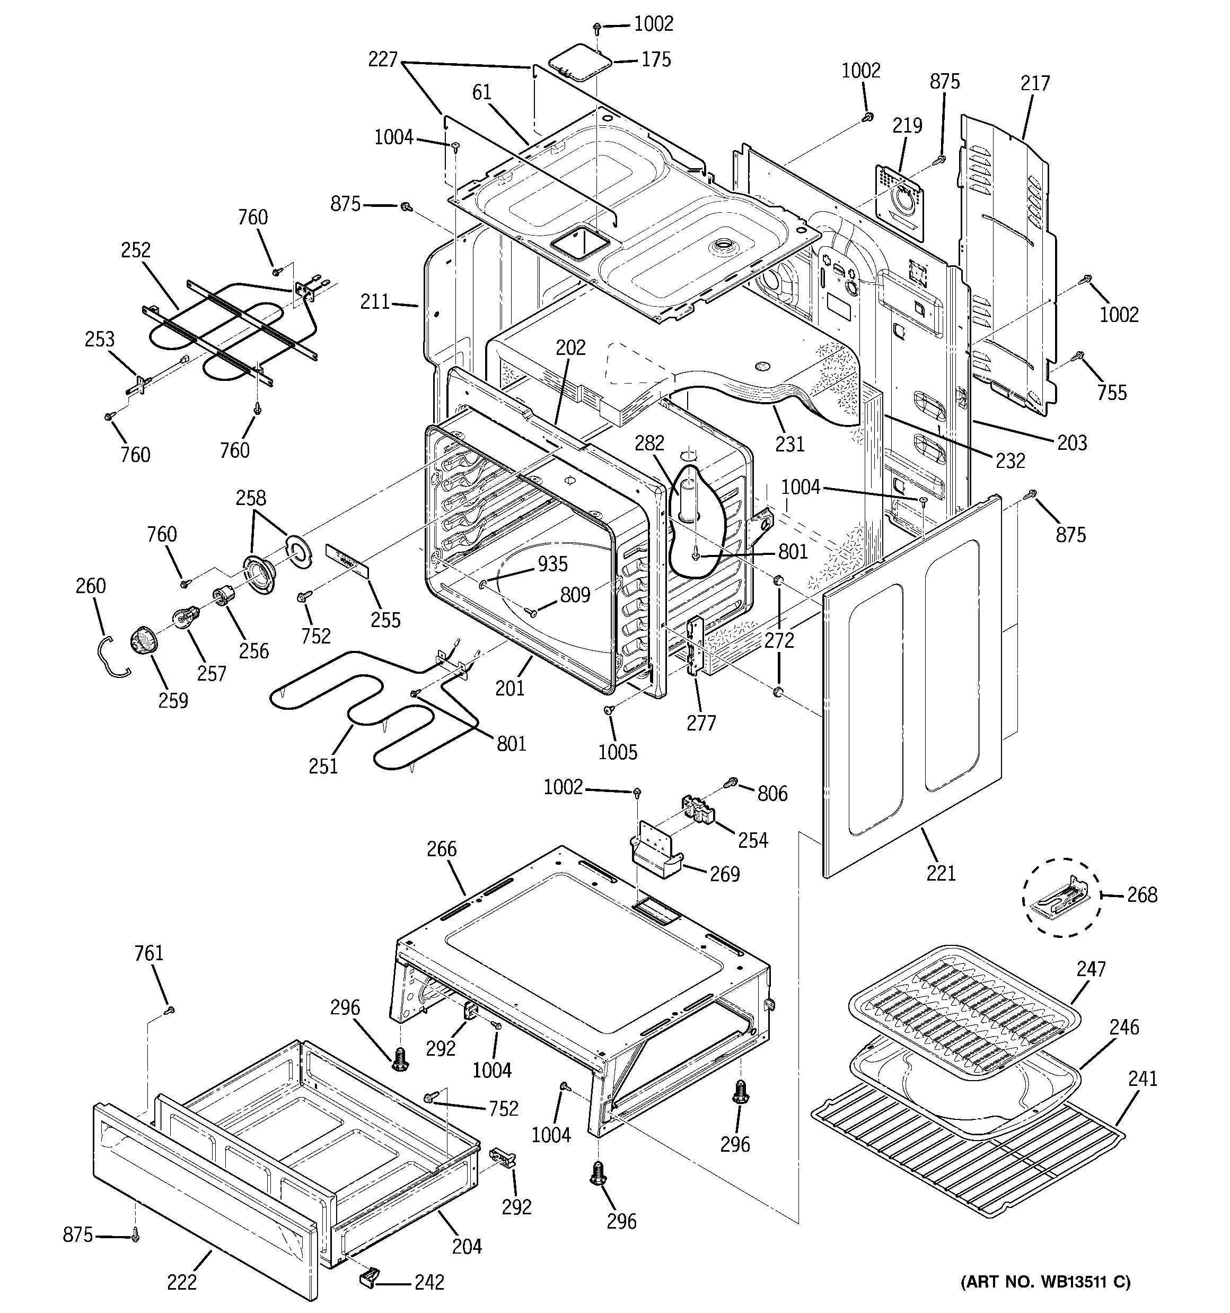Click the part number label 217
click(1034, 83)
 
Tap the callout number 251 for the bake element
click(323, 766)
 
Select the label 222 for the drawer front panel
click(181, 1281)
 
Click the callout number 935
click(552, 563)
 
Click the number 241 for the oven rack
click(1142, 1078)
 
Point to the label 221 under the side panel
click(941, 873)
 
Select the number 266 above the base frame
click(441, 848)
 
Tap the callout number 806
click(772, 793)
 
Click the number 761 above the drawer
click(148, 952)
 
